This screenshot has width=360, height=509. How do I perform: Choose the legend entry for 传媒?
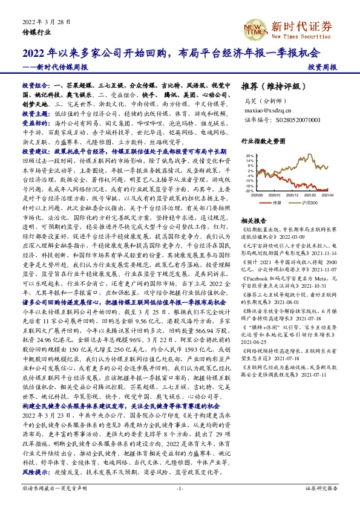(276, 203)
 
